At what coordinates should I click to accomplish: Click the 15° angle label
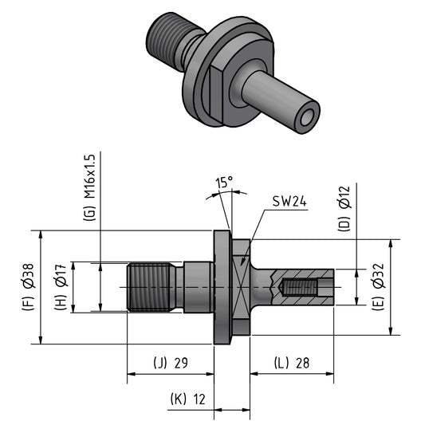224,183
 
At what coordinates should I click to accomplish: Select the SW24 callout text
289,202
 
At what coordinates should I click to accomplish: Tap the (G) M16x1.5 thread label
90,188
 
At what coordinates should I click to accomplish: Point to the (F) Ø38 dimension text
29,287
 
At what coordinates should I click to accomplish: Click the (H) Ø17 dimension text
61,287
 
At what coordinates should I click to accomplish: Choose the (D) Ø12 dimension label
344,209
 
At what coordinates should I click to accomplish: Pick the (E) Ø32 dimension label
379,287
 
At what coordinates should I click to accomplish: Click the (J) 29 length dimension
171,363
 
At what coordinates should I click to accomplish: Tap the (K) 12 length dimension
188,399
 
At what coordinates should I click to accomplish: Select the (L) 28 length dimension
292,363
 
